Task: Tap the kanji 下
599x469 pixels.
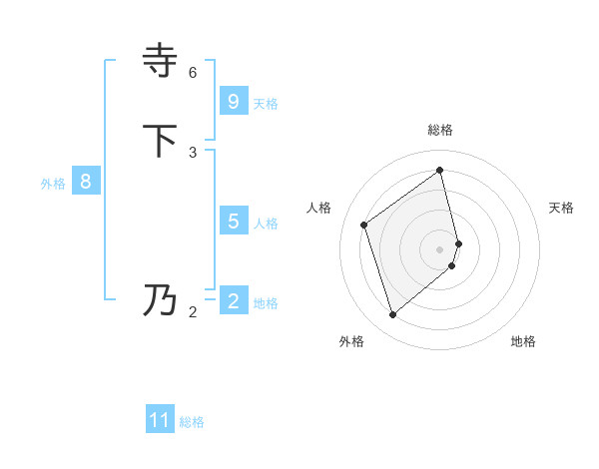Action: pyautogui.click(x=162, y=141)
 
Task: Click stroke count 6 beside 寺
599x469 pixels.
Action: pyautogui.click(x=193, y=73)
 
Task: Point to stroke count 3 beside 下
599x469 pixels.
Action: pyautogui.click(x=193, y=153)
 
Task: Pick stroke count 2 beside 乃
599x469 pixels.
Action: pyautogui.click(x=193, y=312)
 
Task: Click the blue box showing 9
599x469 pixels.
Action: pyautogui.click(x=233, y=102)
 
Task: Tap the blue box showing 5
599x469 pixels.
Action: pyautogui.click(x=233, y=222)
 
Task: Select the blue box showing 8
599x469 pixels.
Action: pyautogui.click(x=86, y=182)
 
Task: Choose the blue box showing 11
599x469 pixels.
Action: pyautogui.click(x=160, y=420)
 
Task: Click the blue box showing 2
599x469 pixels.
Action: pyautogui.click(x=233, y=301)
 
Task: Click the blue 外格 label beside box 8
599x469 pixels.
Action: pyautogui.click(x=53, y=184)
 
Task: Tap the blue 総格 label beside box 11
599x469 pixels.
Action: pyautogui.click(x=192, y=422)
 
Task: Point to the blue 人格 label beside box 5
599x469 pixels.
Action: pyautogui.click(x=266, y=224)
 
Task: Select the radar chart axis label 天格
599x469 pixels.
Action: pyautogui.click(x=562, y=208)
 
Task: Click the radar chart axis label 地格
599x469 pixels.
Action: pyautogui.click(x=523, y=341)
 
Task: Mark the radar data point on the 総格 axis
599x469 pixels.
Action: pyautogui.click(x=440, y=170)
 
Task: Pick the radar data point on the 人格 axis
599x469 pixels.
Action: pyautogui.click(x=364, y=225)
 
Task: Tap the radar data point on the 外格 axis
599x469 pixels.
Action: pyautogui.click(x=392, y=315)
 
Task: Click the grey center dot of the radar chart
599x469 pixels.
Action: pyautogui.click(x=440, y=248)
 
